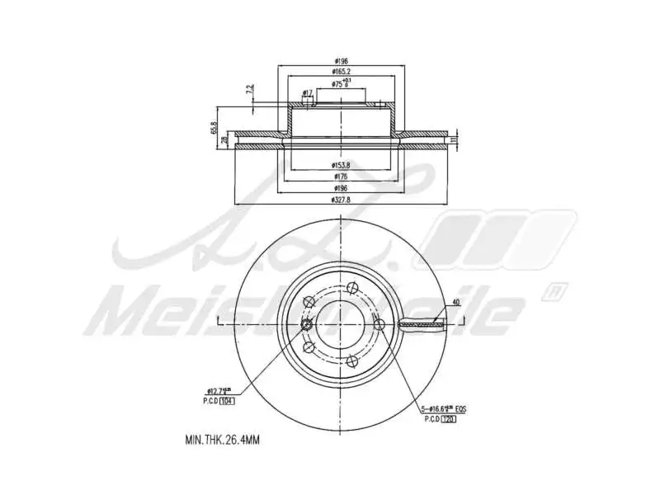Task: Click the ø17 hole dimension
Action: (307, 92)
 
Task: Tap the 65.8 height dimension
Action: (213, 128)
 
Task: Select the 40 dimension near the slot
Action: (456, 303)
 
